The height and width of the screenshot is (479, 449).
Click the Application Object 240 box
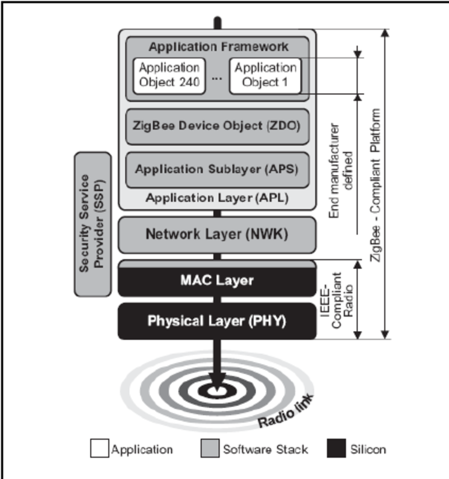169,76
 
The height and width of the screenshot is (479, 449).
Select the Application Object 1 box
265,76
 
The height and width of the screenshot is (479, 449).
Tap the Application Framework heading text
218,47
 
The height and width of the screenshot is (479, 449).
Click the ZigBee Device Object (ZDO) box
217,127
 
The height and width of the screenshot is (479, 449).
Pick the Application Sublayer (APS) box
217,170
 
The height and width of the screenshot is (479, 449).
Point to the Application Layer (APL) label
217,198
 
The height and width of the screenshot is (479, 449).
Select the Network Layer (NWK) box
217,234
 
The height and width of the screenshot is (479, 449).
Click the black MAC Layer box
217,281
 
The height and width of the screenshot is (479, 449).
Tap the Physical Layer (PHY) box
217,321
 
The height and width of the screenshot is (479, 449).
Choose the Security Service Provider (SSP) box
93,224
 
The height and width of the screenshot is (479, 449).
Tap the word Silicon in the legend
368,450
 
